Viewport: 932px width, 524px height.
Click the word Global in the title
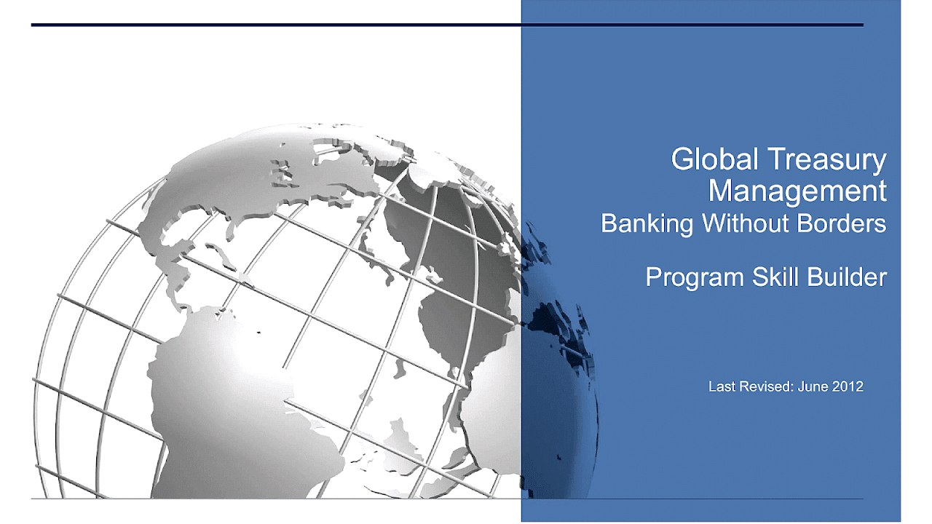pyautogui.click(x=714, y=159)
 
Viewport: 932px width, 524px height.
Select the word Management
pyautogui.click(x=797, y=191)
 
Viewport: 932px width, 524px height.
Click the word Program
pyautogui.click(x=695, y=278)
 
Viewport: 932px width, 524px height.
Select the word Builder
pyautogui.click(x=847, y=277)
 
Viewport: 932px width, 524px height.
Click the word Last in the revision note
pyautogui.click(x=722, y=386)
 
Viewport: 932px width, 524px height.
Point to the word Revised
pyautogui.click(x=767, y=386)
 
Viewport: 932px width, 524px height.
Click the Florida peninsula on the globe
pyautogui.click(x=230, y=231)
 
